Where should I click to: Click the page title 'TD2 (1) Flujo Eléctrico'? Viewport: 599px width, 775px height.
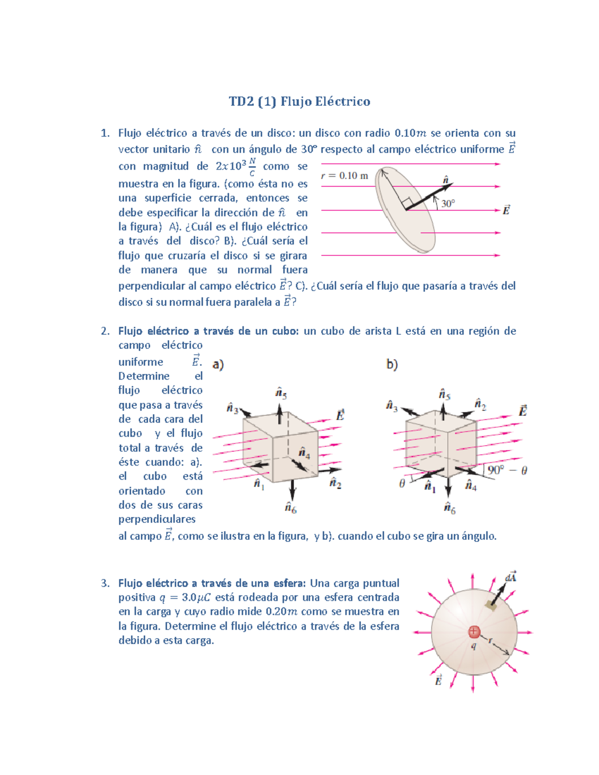[299, 102]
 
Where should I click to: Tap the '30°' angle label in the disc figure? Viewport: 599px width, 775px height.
[448, 204]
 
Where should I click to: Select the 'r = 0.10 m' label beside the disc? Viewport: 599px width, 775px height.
[344, 176]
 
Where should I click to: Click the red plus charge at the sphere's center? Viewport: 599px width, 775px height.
[474, 632]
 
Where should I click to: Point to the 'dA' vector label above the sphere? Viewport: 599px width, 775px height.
[511, 577]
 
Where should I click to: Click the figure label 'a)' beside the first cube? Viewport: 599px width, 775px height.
[218, 364]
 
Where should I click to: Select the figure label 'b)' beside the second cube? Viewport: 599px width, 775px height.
[392, 365]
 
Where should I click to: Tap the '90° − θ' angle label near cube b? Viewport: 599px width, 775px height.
[507, 470]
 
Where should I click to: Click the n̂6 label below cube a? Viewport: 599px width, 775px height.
[291, 508]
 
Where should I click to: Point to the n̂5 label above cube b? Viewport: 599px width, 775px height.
[444, 394]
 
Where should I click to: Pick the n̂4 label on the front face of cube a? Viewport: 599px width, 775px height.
[304, 453]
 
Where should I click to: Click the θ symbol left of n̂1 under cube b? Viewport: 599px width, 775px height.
[402, 484]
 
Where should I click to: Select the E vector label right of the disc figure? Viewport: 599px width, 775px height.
[506, 210]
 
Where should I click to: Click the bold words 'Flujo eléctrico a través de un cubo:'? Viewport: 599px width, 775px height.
[208, 331]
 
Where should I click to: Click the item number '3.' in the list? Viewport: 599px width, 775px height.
[105, 583]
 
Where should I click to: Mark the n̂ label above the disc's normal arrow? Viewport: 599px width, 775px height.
[446, 180]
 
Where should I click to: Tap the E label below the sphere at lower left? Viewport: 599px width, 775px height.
[438, 680]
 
